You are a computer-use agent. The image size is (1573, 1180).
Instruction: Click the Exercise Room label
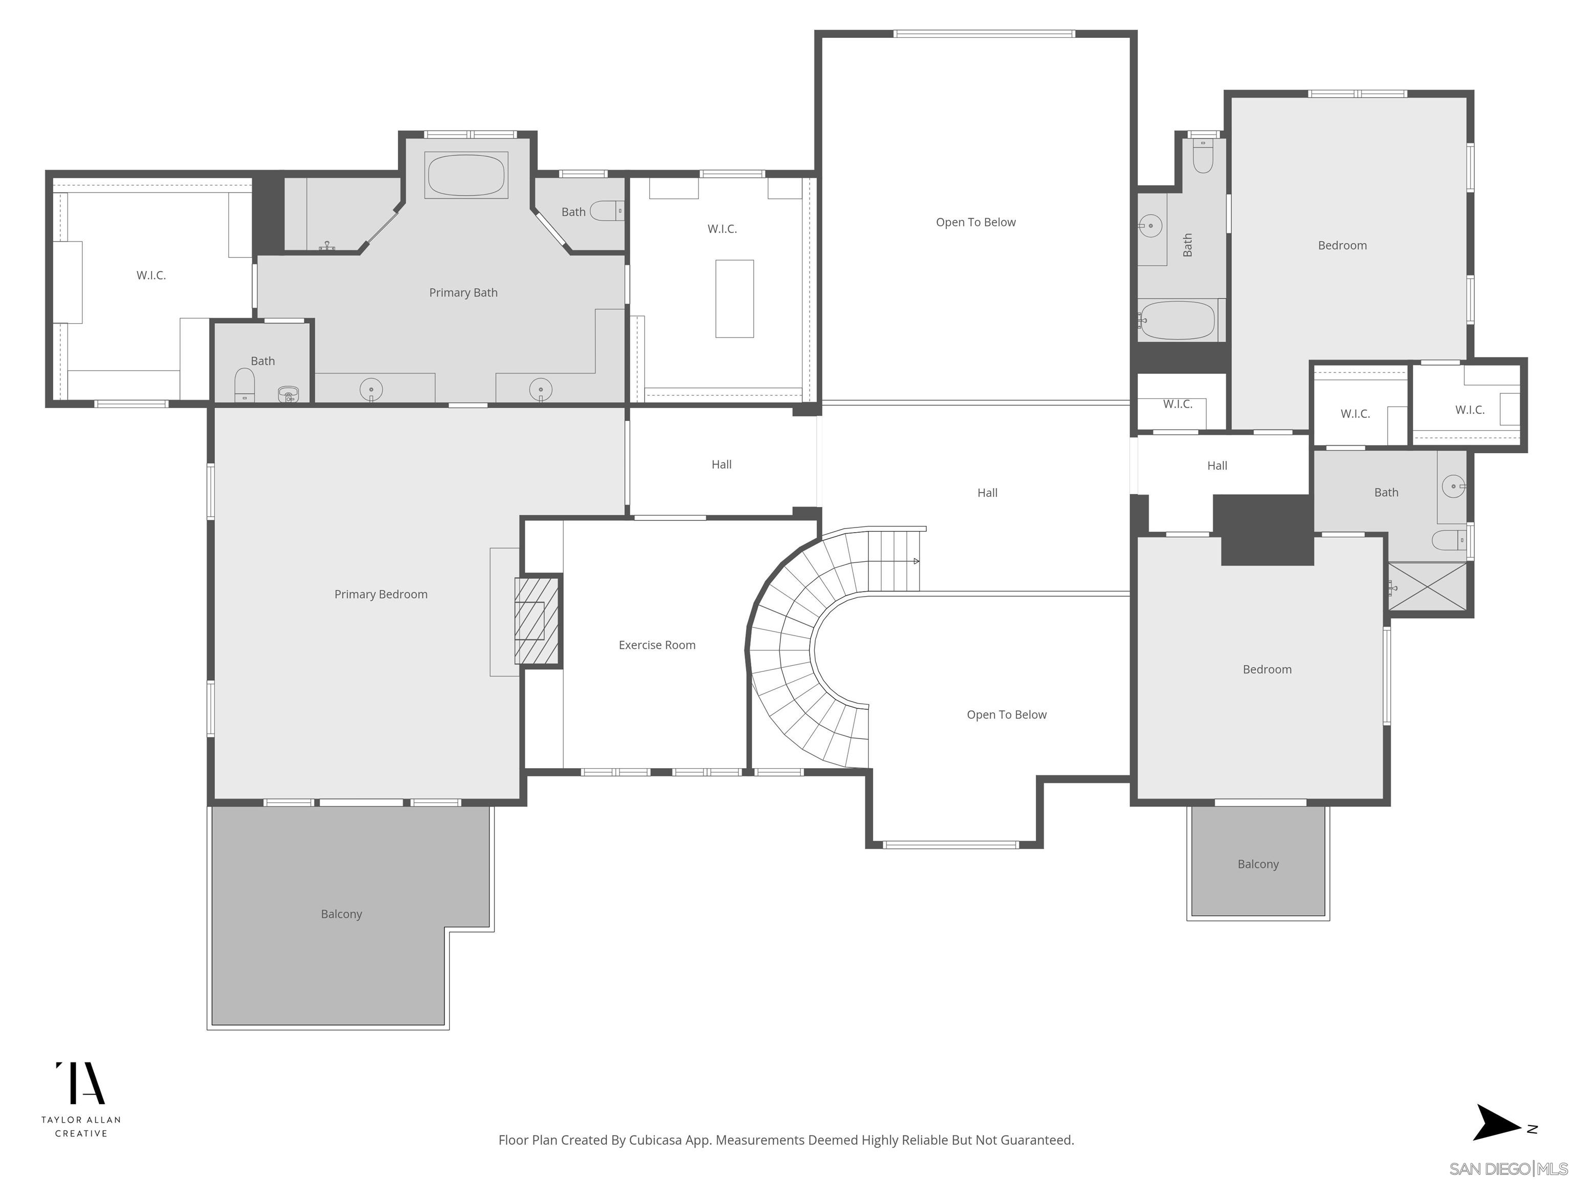pos(656,645)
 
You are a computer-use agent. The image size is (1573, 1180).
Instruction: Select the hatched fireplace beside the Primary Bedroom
pos(537,620)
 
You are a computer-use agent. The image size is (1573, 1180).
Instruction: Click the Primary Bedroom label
pos(380,594)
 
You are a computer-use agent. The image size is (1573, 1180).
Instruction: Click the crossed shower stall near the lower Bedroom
pos(1427,587)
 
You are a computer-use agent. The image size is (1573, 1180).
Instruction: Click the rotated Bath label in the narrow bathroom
pos(1187,245)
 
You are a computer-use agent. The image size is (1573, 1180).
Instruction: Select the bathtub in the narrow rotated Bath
pos(1177,321)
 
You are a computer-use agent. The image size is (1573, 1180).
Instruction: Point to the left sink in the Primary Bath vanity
pos(371,390)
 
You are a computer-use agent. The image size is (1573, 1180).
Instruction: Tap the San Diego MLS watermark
pos(1507,1169)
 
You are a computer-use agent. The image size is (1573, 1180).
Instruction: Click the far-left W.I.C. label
pos(151,275)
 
